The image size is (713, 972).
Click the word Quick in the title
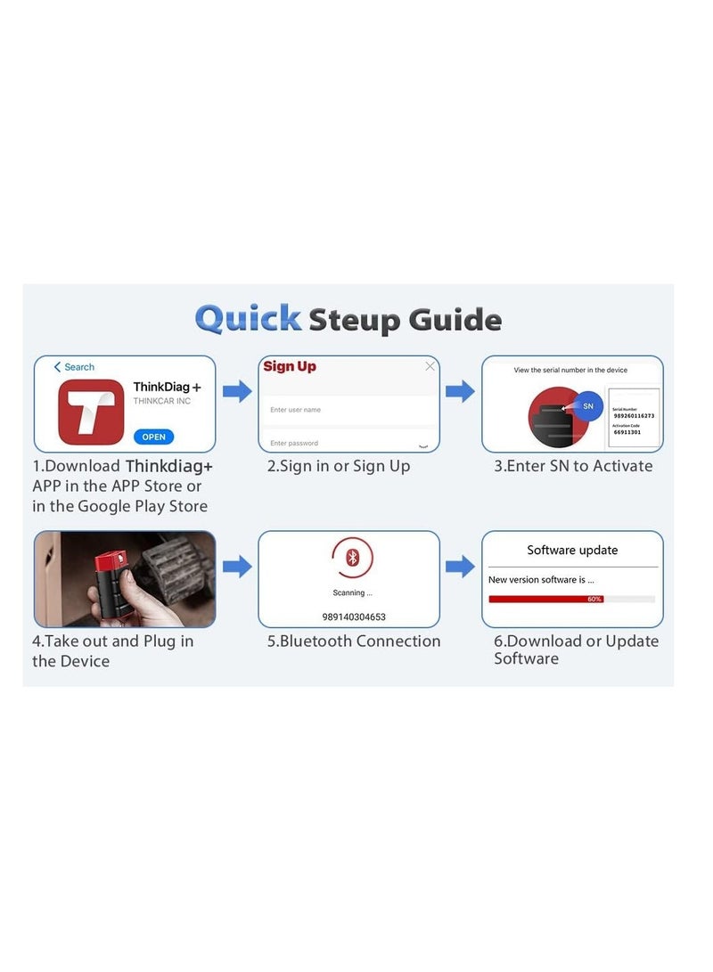[248, 318]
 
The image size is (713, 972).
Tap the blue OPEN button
[153, 437]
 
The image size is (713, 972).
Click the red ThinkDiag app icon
[91, 412]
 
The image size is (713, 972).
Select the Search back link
[74, 367]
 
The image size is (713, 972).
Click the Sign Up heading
[290, 366]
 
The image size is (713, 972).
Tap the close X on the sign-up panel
[430, 366]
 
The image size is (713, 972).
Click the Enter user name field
[348, 410]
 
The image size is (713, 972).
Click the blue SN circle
[587, 405]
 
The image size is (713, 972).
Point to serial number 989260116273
[634, 415]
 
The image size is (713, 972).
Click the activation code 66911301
[627, 432]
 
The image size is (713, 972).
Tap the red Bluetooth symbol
[352, 558]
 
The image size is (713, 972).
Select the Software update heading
[572, 550]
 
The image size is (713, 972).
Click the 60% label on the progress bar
[594, 599]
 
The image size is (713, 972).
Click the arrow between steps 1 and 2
[237, 391]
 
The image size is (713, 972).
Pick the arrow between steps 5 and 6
[460, 566]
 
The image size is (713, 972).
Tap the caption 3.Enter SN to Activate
[573, 466]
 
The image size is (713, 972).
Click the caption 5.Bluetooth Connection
[354, 641]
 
